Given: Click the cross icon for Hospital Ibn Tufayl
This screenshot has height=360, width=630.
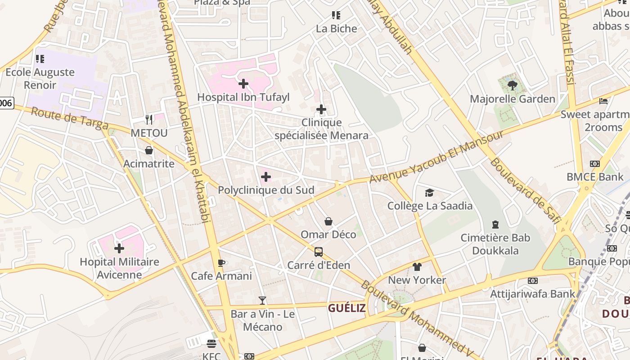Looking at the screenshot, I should (243, 84).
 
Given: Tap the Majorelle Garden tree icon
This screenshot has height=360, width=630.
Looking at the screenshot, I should (512, 85).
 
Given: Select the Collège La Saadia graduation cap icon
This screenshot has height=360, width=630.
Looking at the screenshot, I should (429, 193).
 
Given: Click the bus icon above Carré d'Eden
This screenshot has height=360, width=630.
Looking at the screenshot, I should (319, 252).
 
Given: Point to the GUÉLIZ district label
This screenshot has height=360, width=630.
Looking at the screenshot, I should (346, 308).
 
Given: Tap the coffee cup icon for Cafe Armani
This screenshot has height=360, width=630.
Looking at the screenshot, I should (221, 263).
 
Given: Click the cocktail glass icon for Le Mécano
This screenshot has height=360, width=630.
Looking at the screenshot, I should (262, 301).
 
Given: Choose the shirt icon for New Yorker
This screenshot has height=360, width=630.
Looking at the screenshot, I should (417, 267).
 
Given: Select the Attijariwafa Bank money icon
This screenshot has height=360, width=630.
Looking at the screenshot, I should (532, 281).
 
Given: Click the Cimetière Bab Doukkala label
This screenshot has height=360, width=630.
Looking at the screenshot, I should (495, 244).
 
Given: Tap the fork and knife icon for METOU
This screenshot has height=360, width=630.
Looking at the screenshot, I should (149, 120).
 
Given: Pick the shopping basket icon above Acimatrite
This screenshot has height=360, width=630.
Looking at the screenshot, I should (149, 150).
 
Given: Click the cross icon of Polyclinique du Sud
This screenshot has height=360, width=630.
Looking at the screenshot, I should (266, 177).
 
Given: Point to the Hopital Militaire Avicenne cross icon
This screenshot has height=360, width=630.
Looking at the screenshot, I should (119, 248).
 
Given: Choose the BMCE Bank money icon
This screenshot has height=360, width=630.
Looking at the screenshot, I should (594, 164).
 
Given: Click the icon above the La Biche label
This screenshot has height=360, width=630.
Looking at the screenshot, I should (336, 16).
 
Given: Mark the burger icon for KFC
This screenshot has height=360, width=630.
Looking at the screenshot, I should (211, 344).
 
